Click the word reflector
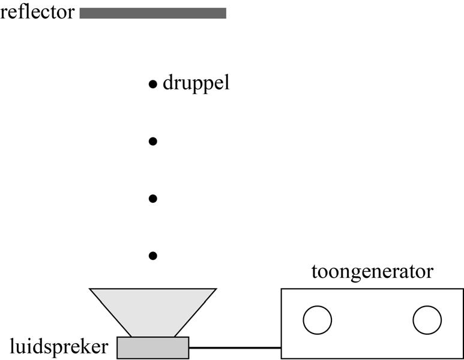point(38,12)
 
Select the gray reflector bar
point(152,13)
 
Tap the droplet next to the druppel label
point(152,84)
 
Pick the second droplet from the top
point(152,142)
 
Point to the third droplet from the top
point(152,199)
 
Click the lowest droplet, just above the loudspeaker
point(152,256)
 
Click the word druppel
point(196,83)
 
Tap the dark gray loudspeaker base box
point(152,347)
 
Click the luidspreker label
point(59,346)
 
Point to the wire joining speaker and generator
point(235,347)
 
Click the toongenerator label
point(372,272)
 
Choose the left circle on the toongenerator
point(318,320)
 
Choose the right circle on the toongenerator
point(427,320)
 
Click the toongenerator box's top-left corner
point(282,290)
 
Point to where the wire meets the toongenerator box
point(281,347)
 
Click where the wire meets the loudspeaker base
point(189,347)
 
